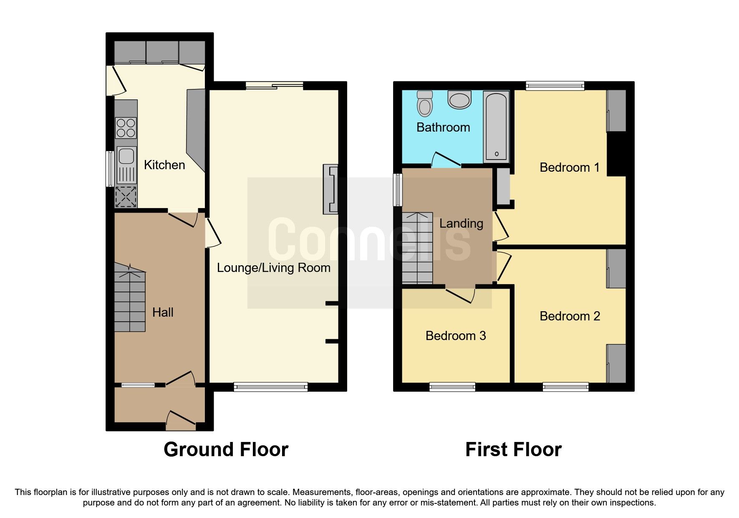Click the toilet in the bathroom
[425, 104]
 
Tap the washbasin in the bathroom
[459, 100]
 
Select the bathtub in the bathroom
[496, 127]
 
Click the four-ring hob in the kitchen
[126, 128]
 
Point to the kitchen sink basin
[126, 156]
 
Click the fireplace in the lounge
[330, 189]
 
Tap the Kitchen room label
[164, 165]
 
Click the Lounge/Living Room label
[273, 268]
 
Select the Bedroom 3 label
[456, 336]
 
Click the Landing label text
[461, 223]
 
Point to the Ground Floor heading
[226, 449]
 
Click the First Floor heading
[513, 449]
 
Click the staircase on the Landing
[417, 248]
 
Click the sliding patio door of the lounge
[274, 86]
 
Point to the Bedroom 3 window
[452, 387]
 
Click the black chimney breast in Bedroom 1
[616, 153]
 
